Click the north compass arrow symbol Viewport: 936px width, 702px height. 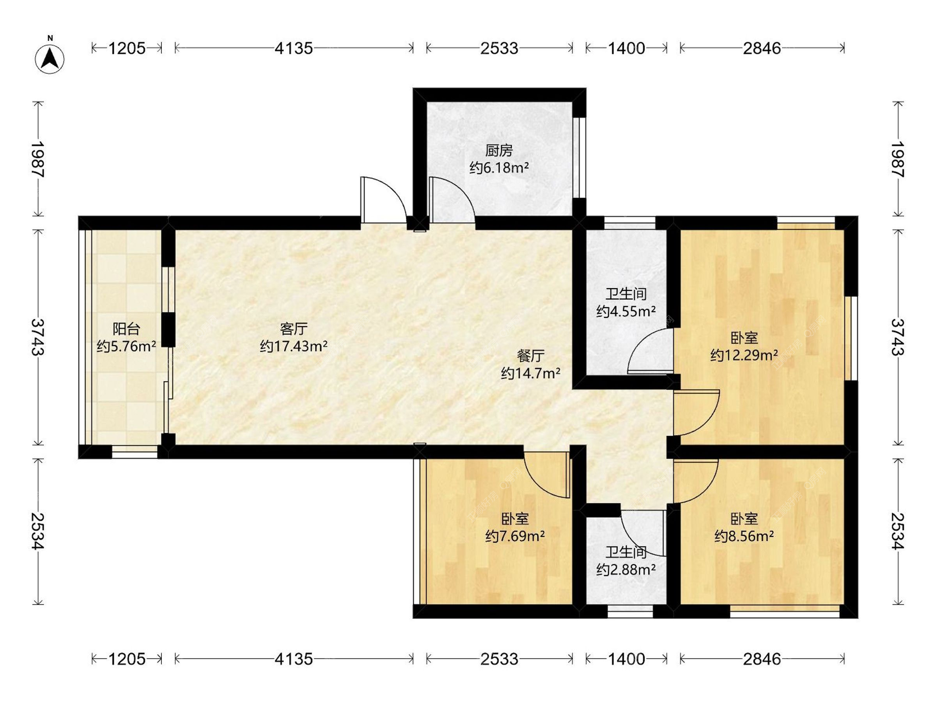(50, 58)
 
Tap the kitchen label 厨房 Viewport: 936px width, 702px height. (499, 150)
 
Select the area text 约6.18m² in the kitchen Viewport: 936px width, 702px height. (499, 168)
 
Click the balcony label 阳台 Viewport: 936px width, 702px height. (126, 329)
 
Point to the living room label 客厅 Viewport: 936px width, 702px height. (293, 329)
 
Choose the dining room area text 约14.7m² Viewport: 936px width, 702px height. (530, 373)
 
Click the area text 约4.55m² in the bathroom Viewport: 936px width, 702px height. (626, 311)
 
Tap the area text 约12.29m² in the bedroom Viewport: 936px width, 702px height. (744, 355)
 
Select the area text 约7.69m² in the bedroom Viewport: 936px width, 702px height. (515, 536)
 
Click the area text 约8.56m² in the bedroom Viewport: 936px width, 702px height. (744, 536)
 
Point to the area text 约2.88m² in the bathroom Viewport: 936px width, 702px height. (626, 569)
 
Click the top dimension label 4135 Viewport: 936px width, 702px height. (293, 48)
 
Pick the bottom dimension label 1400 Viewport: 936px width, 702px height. (626, 659)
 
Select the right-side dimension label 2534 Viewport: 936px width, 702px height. (898, 531)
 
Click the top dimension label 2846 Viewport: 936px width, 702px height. (762, 48)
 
